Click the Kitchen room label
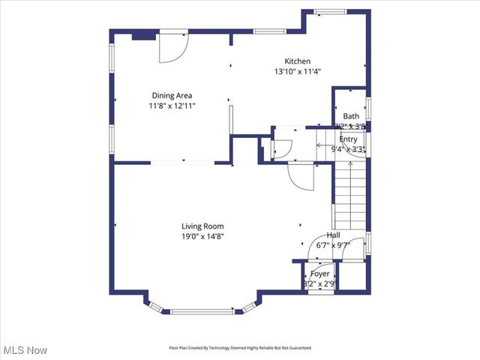(297, 61)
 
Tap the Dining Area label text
(172, 95)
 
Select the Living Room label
(202, 226)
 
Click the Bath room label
(351, 116)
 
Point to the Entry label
(349, 139)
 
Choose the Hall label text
(333, 235)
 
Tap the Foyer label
(320, 274)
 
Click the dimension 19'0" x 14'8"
(202, 236)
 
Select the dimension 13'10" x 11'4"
(297, 72)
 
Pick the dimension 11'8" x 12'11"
(172, 106)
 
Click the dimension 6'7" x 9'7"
(334, 244)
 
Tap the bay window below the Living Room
(199, 310)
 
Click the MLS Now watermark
(25, 350)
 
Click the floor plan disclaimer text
(238, 348)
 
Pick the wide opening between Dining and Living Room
(183, 162)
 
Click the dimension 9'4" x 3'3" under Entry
(349, 149)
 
